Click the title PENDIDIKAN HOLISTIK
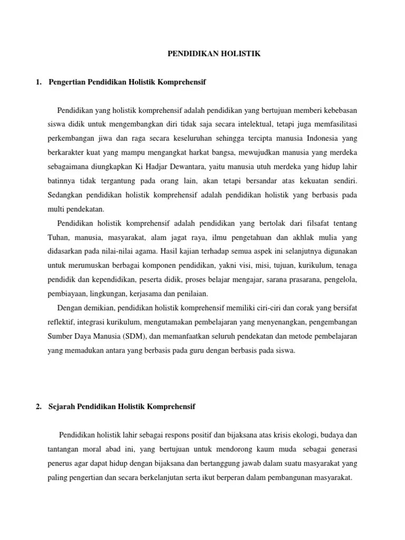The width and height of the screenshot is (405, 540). (x=214, y=53)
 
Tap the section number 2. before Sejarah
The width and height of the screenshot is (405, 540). (x=38, y=407)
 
